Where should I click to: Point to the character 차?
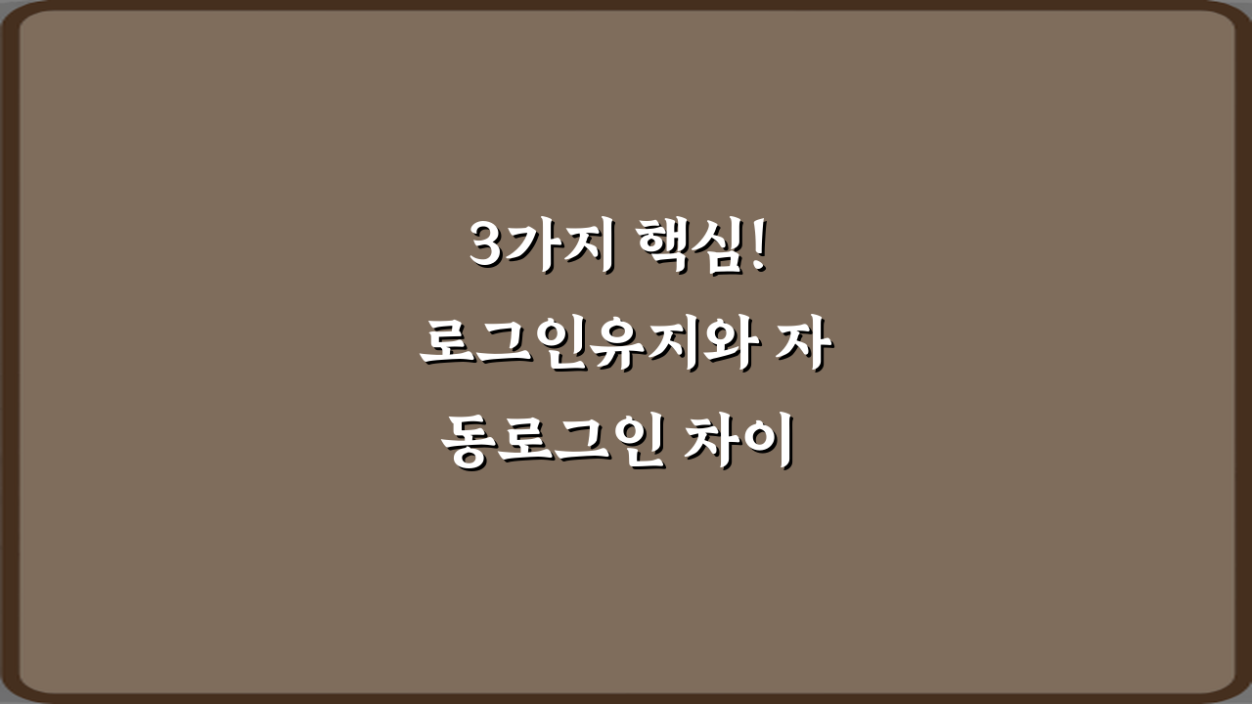point(717,445)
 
